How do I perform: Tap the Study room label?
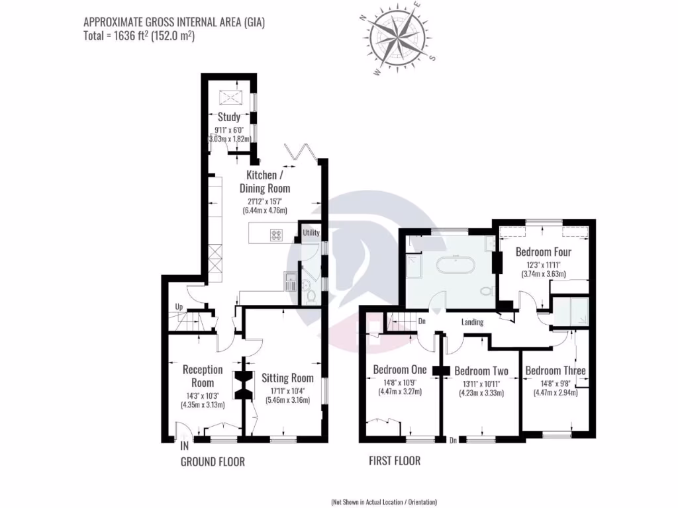point(228,117)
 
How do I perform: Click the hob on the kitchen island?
point(276,234)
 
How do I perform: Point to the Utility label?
point(311,233)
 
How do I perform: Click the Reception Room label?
point(203,376)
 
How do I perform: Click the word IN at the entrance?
point(184,446)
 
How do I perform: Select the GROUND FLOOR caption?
point(213,462)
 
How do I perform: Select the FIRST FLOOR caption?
point(394,461)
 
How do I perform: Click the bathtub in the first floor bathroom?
point(455,266)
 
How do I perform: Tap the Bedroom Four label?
point(543,252)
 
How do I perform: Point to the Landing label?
point(473,322)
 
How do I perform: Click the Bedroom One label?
point(400,369)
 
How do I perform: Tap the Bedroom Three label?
point(555,370)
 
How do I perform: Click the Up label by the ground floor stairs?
point(179,307)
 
